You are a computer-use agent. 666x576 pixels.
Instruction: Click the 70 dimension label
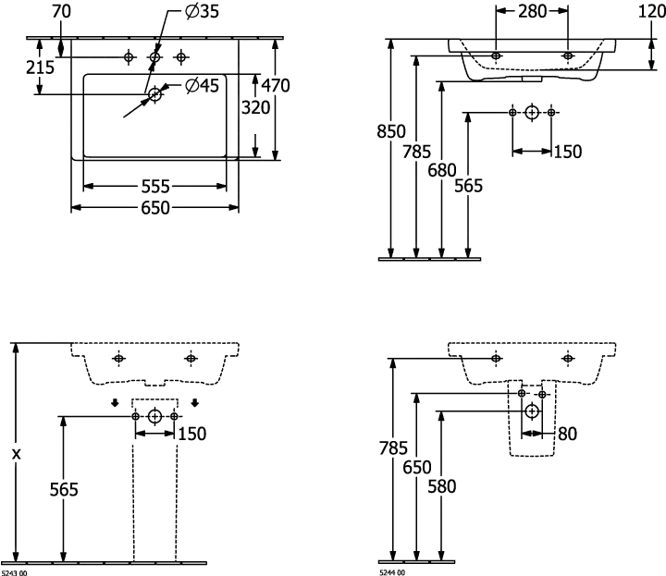pyautogui.click(x=62, y=12)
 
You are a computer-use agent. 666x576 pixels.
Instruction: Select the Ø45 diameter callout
pyautogui.click(x=202, y=86)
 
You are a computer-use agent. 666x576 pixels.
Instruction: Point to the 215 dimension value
pyautogui.click(x=39, y=67)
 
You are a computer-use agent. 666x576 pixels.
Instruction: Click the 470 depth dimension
pyautogui.click(x=275, y=86)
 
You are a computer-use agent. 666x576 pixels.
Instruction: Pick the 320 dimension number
pyautogui.click(x=256, y=106)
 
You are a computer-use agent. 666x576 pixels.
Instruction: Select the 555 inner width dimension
pyautogui.click(x=154, y=186)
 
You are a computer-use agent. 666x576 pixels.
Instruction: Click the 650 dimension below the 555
pyautogui.click(x=154, y=209)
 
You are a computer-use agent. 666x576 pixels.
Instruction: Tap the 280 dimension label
pyautogui.click(x=533, y=11)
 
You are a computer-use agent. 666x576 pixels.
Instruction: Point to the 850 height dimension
pyautogui.click(x=390, y=131)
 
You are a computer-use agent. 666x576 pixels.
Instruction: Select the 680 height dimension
pyautogui.click(x=442, y=170)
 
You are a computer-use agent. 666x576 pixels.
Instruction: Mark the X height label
pyautogui.click(x=16, y=454)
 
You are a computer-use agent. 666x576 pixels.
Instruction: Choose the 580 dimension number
pyautogui.click(x=442, y=486)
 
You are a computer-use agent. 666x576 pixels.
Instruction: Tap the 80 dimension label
pyautogui.click(x=567, y=432)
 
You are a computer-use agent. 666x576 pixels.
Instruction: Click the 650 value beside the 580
pyautogui.click(x=418, y=468)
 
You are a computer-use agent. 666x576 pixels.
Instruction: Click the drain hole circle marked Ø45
pyautogui.click(x=155, y=92)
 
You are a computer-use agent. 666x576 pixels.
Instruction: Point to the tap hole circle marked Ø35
pyautogui.click(x=155, y=58)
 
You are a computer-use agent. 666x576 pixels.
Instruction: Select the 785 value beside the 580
pyautogui.click(x=393, y=449)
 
